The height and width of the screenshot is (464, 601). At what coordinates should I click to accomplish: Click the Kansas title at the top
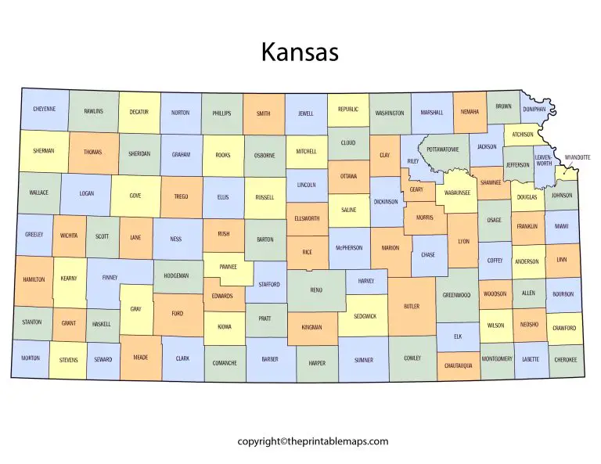[300, 52]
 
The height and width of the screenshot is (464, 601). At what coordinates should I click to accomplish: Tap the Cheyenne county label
[45, 110]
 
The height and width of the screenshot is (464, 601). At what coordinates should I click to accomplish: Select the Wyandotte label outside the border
[578, 157]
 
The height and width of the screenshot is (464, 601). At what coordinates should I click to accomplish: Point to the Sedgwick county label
[364, 316]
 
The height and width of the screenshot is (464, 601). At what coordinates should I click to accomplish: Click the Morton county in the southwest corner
[31, 358]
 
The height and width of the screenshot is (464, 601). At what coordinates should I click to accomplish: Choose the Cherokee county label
[564, 359]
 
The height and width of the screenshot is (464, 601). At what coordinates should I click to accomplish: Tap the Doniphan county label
[534, 110]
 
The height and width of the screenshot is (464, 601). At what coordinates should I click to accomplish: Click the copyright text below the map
[313, 441]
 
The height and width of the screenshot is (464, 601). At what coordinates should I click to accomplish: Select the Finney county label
[109, 277]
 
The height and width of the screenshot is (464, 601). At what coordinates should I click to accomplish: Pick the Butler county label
[412, 306]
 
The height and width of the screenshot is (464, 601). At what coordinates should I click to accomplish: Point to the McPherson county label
[349, 248]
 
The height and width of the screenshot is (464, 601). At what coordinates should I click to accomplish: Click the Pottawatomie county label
[443, 149]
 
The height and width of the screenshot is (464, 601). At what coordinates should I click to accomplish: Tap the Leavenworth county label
[543, 160]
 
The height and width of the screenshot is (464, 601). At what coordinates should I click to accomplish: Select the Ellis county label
[223, 198]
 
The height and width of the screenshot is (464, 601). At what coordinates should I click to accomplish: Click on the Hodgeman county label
[177, 275]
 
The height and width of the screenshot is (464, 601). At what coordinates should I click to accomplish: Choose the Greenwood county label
[456, 295]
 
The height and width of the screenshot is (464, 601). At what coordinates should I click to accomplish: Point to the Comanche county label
[225, 362]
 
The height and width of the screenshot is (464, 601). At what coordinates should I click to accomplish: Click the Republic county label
[348, 110]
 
